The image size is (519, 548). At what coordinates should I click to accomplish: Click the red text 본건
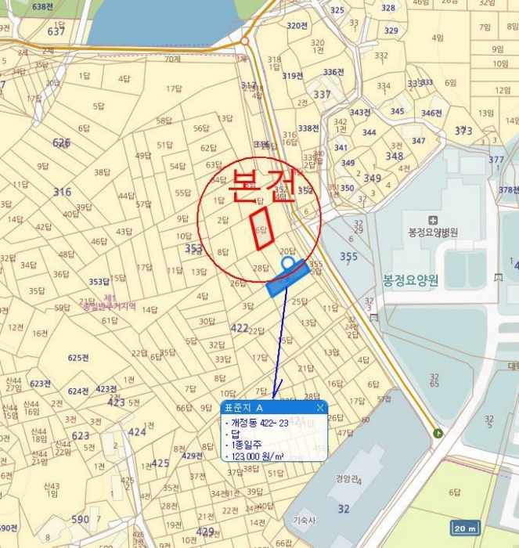click(x=261, y=186)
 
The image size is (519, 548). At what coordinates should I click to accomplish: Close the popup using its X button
click(x=320, y=408)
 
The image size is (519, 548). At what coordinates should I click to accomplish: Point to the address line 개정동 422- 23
click(x=260, y=422)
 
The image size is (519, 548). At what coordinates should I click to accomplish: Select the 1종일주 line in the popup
click(x=245, y=445)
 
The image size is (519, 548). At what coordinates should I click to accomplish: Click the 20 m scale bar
click(x=466, y=528)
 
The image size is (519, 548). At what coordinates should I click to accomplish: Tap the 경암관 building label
click(x=346, y=478)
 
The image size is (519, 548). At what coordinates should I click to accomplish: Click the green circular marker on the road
click(x=438, y=433)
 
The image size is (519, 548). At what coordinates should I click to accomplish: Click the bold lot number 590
click(x=80, y=519)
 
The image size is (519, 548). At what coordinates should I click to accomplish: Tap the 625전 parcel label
click(x=78, y=358)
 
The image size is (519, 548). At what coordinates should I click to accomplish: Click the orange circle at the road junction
click(x=244, y=40)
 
